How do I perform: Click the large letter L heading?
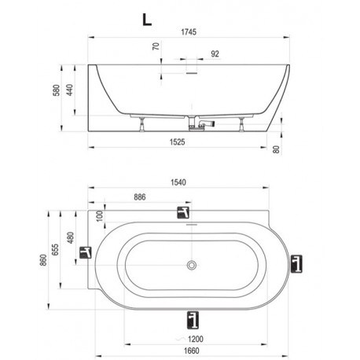point(147,20)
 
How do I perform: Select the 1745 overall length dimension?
point(189,32)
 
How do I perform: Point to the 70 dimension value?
point(156,46)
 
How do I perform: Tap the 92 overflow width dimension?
point(215,53)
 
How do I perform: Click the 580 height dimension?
point(57,90)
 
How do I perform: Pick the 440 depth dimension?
point(69,90)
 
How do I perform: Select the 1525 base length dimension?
point(178,142)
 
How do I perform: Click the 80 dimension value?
point(276,149)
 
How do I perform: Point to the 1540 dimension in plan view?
point(178,182)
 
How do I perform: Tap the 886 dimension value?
point(140,197)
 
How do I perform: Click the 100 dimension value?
point(100,216)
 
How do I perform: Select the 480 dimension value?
point(71,237)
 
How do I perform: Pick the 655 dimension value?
point(55,249)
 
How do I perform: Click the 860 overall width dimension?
point(43,260)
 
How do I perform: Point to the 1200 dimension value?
point(196,339)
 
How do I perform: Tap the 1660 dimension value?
point(191,351)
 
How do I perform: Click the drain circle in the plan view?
point(192,265)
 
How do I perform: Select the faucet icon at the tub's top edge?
point(183,212)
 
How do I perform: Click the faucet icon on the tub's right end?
point(296,263)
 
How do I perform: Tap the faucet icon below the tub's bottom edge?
point(193,320)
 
